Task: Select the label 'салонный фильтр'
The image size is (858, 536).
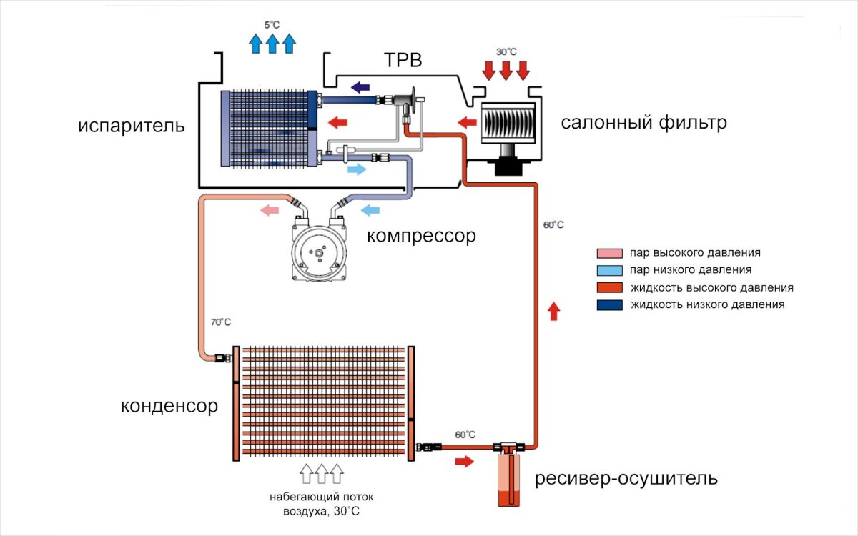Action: [643, 122]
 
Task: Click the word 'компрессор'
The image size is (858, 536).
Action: [421, 235]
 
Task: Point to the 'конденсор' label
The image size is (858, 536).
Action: [169, 406]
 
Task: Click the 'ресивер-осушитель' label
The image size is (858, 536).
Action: [626, 477]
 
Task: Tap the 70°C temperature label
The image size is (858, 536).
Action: [220, 322]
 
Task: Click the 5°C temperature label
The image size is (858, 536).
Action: [272, 25]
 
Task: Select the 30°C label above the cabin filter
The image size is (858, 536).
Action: [506, 53]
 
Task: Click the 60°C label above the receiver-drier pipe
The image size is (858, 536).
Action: [465, 435]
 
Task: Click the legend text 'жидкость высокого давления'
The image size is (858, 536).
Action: [711, 287]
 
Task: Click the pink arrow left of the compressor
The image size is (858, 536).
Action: [269, 210]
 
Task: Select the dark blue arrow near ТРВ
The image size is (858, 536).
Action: [360, 87]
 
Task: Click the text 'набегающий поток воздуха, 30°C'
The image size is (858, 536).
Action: [321, 504]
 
